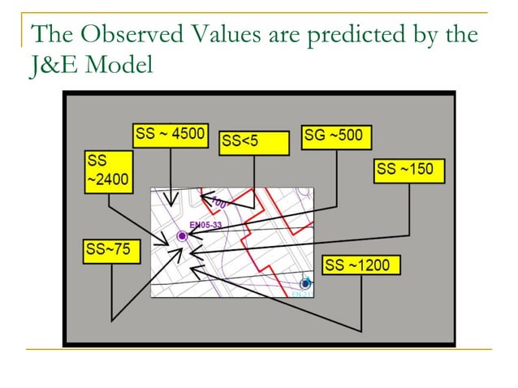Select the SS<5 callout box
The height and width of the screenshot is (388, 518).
tap(254, 143)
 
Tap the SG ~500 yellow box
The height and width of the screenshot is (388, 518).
tap(336, 136)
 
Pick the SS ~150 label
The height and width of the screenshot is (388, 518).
tap(408, 170)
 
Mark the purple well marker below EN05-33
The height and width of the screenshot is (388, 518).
tap(182, 235)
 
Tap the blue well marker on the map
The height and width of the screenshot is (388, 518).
tap(305, 283)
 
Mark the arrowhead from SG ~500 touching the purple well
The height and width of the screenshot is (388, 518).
tap(191, 235)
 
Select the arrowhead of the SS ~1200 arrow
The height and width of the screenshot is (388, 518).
tap(194, 270)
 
